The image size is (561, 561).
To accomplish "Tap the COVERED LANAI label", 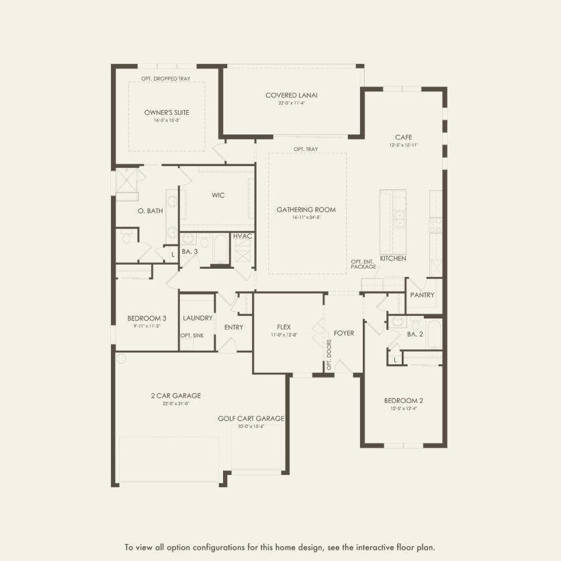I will pyautogui.click(x=291, y=95).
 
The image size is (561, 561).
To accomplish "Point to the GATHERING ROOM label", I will pyautogui.click(x=306, y=210).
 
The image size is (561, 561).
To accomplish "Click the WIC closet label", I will pyautogui.click(x=218, y=196).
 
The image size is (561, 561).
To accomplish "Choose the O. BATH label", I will pyautogui.click(x=150, y=211).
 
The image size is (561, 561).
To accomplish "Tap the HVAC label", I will pyautogui.click(x=242, y=236).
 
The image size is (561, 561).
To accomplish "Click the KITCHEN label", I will pyautogui.click(x=392, y=258).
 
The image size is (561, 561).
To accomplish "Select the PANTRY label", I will pyautogui.click(x=423, y=295).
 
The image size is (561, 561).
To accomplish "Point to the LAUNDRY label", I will pyautogui.click(x=198, y=318).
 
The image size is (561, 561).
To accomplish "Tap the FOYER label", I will pyautogui.click(x=344, y=333).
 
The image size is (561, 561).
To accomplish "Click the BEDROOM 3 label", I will pyautogui.click(x=146, y=318).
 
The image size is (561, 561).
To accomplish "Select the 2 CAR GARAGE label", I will pyautogui.click(x=175, y=396).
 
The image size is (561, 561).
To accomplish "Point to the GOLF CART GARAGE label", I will pyautogui.click(x=251, y=418).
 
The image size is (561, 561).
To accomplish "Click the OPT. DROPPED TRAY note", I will pyautogui.click(x=165, y=79).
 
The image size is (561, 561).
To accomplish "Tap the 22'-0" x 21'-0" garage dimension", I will pyautogui.click(x=175, y=403).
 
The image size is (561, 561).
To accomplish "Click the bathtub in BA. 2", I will pyautogui.click(x=434, y=334).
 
